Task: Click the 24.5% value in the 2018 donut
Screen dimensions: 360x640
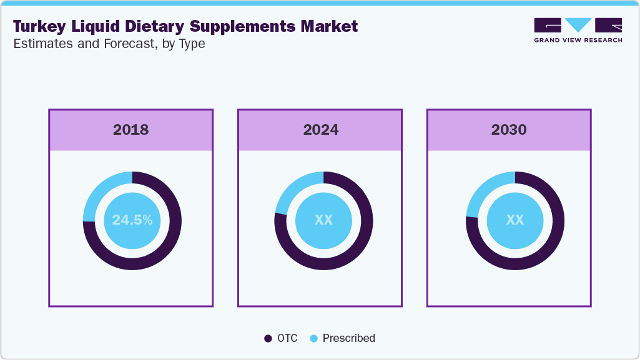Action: (x=132, y=220)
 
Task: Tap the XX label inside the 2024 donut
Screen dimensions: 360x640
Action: (x=323, y=220)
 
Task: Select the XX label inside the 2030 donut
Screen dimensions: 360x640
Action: (x=514, y=220)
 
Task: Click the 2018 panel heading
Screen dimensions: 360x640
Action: (x=131, y=130)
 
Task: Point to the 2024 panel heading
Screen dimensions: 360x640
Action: (x=321, y=130)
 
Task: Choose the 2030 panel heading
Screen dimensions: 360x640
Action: (x=509, y=130)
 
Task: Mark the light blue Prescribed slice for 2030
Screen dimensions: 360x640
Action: (x=482, y=191)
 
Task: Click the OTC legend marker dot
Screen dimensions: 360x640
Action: (x=268, y=338)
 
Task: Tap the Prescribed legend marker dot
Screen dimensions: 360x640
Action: (x=314, y=338)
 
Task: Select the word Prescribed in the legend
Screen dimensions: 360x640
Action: (x=349, y=338)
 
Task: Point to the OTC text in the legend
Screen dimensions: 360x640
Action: (x=288, y=338)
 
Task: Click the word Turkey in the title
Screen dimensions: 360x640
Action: (x=38, y=26)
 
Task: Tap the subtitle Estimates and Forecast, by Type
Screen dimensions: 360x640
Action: (x=109, y=44)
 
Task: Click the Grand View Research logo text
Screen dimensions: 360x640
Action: (x=578, y=40)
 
